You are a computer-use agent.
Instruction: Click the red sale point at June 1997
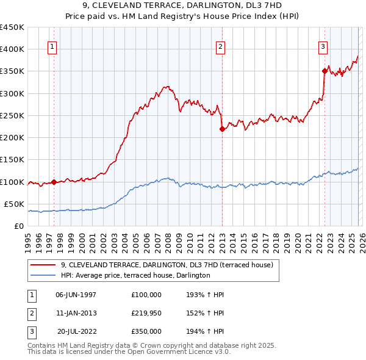tap(54, 182)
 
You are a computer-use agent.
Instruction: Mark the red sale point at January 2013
tap(222, 129)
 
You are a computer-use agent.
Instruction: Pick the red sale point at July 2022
tap(325, 71)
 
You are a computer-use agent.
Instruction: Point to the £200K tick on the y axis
tap(12, 138)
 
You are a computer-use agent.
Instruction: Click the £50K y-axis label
tap(14, 204)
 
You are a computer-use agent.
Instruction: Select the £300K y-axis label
tap(12, 93)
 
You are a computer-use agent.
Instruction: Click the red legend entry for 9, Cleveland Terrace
tap(170, 265)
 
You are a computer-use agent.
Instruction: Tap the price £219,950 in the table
tap(146, 313)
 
